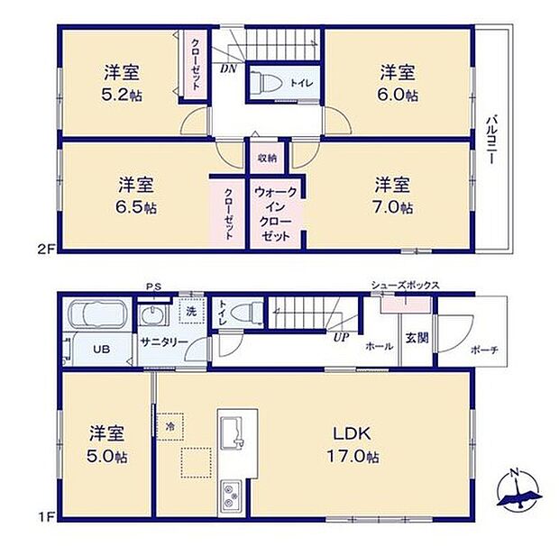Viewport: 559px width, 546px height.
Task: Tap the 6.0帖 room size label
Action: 397,93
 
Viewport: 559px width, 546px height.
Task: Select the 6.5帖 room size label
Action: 137,207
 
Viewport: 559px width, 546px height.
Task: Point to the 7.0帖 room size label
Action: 394,207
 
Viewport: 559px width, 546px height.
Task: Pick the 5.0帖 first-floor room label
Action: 107,456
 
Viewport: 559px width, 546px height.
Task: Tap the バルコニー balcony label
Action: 491,140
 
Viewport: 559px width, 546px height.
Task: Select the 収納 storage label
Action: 267,159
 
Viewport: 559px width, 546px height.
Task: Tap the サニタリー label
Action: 163,342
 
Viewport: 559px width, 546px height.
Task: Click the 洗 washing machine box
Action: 190,312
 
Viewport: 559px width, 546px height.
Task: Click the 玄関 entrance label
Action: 416,338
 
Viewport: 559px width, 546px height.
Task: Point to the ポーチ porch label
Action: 483,350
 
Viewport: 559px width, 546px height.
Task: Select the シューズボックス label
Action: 405,286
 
